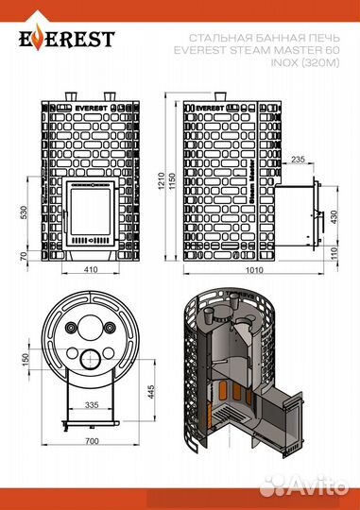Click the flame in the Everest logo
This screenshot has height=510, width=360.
tap(39, 38)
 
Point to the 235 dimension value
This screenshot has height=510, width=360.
tap(299, 159)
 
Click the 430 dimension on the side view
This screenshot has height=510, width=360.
tap(334, 217)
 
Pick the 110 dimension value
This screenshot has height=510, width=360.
tap(334, 254)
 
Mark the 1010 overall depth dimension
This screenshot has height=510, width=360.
tap(254, 270)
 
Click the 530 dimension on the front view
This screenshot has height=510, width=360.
tap(25, 212)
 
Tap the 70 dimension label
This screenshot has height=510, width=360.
tap(24, 256)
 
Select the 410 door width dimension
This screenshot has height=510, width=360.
tap(91, 269)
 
